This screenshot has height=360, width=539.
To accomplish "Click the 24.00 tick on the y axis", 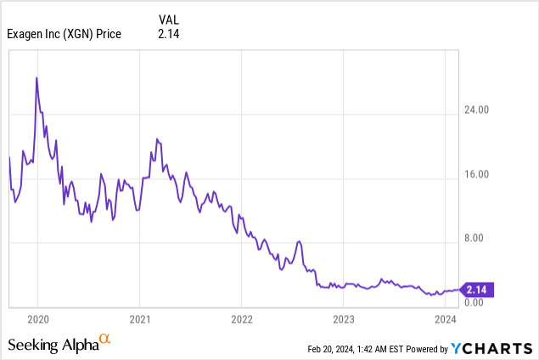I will (x=478, y=110).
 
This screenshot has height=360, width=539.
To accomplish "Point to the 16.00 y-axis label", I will (x=478, y=175).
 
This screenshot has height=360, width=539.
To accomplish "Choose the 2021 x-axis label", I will (x=140, y=320).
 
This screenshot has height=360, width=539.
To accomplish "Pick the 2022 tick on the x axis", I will (x=242, y=320).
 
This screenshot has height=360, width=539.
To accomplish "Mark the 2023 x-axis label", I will (x=344, y=320).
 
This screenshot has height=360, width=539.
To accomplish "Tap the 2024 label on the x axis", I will (x=446, y=320).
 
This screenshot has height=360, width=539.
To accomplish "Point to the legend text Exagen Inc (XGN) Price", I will (x=64, y=34).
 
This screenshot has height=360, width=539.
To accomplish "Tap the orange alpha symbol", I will (x=105, y=340).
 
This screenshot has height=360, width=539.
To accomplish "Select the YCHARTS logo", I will (x=491, y=348).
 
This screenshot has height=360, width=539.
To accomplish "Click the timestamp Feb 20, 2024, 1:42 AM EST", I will (x=356, y=349).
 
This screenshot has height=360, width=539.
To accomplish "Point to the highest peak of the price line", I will (x=36, y=78).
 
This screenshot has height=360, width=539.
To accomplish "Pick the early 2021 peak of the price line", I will (x=157, y=138).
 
